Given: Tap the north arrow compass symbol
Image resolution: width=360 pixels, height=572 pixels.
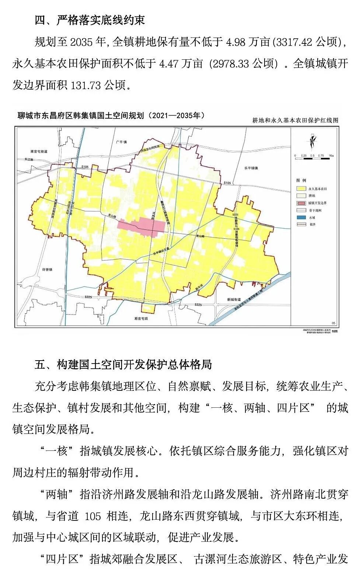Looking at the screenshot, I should [x=312, y=141].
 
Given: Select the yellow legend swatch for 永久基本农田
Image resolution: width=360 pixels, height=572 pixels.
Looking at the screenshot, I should [x=301, y=189].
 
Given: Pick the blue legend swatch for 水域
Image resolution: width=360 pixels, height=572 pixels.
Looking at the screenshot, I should [x=301, y=217].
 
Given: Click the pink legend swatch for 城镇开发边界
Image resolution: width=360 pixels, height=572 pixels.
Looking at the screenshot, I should [x=301, y=203].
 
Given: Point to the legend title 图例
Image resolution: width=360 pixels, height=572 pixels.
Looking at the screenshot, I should [x=301, y=180].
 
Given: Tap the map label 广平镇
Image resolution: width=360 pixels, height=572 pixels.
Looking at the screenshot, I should [x=121, y=142].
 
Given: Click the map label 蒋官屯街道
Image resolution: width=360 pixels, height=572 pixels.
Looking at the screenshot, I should [x=39, y=151].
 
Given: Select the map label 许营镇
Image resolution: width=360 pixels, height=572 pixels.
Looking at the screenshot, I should [x=47, y=270].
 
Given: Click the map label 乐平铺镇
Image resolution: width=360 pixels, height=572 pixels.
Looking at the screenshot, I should [x=251, y=168].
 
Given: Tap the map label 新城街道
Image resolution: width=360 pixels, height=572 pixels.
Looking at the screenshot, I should [x=234, y=299].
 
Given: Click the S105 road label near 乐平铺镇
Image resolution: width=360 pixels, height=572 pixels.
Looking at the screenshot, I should [x=227, y=183].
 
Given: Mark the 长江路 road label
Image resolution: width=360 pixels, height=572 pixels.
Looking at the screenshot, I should [x=29, y=159].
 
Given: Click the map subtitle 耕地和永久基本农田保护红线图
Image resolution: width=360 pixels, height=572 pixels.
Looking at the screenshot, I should [x=295, y=120].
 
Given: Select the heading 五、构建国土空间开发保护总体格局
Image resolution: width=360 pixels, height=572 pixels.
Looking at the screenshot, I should [x=123, y=364].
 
